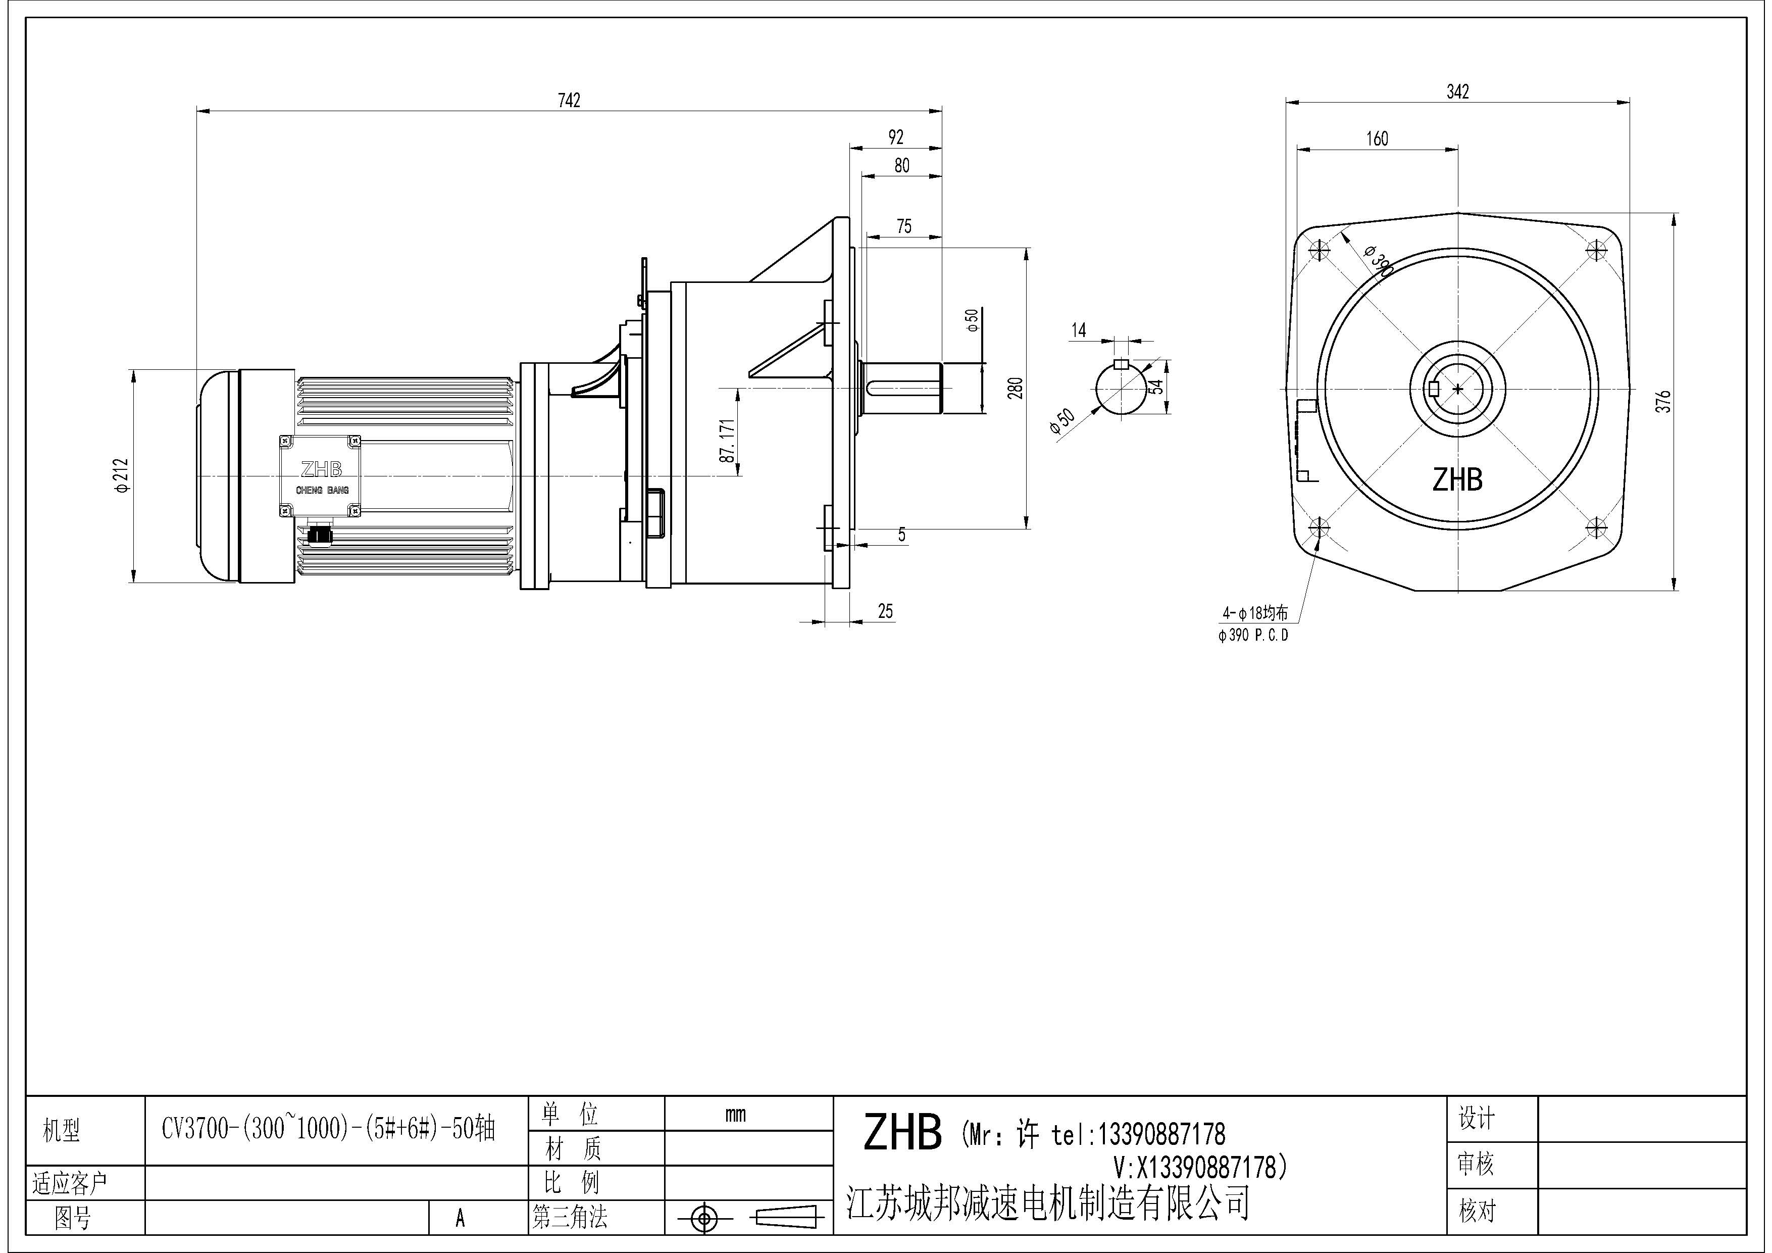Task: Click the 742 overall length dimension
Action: pos(569,101)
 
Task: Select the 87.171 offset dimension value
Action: pos(727,441)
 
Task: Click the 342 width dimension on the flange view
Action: pos(1457,92)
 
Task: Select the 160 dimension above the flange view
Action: pos(1377,139)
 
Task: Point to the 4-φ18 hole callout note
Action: pos(1255,614)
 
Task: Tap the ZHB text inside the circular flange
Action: pos(1457,480)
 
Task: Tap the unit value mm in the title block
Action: pos(735,1114)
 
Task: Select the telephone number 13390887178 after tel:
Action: pos(1161,1134)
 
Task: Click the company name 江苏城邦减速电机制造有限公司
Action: pos(1047,1203)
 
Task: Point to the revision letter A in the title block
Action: pos(460,1218)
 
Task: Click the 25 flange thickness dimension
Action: pos(885,611)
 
